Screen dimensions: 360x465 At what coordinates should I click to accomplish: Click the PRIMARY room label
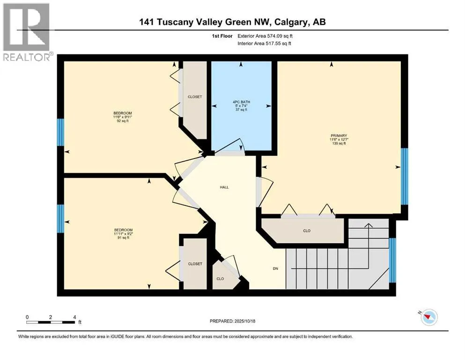[x=338, y=135]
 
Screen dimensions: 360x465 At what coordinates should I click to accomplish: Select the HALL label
[x=224, y=187]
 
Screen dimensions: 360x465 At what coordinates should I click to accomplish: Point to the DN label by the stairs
[x=276, y=269]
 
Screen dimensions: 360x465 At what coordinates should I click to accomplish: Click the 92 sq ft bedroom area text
[x=122, y=121]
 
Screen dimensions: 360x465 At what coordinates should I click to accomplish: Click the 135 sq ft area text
[x=338, y=144]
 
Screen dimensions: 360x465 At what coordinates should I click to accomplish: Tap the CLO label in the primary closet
[x=307, y=231]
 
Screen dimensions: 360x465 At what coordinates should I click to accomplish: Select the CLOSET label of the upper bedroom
[x=195, y=97]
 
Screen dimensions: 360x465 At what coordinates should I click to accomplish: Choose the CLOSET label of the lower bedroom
[x=195, y=264]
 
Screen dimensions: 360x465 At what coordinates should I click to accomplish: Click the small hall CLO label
[x=220, y=279]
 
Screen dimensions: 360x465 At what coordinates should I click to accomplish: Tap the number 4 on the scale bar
[x=74, y=316]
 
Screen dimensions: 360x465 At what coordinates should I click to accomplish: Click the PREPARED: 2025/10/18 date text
[x=233, y=321]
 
